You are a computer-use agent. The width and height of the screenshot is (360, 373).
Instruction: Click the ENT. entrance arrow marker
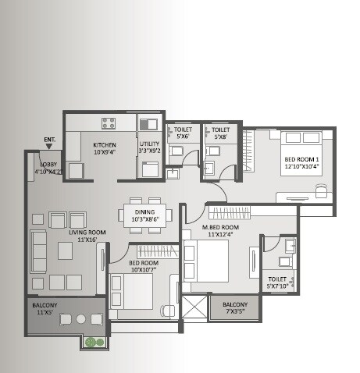(x=50, y=144)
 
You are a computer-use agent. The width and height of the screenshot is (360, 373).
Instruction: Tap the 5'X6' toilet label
(x=183, y=133)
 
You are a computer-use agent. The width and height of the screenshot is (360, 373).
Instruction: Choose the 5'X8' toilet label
(x=220, y=133)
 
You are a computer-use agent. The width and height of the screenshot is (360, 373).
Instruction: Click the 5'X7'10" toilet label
(x=277, y=282)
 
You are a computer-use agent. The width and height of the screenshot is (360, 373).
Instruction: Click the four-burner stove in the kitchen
(x=108, y=123)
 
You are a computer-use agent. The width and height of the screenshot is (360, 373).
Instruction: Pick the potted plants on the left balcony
(x=94, y=341)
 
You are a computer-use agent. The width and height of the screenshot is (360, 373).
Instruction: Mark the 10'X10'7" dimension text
(x=144, y=270)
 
